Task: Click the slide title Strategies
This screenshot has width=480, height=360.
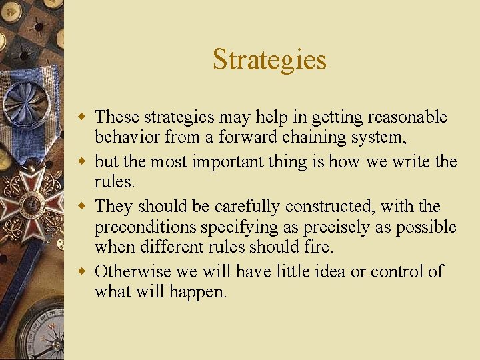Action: (x=269, y=59)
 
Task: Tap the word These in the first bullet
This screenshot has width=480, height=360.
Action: (x=117, y=117)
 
